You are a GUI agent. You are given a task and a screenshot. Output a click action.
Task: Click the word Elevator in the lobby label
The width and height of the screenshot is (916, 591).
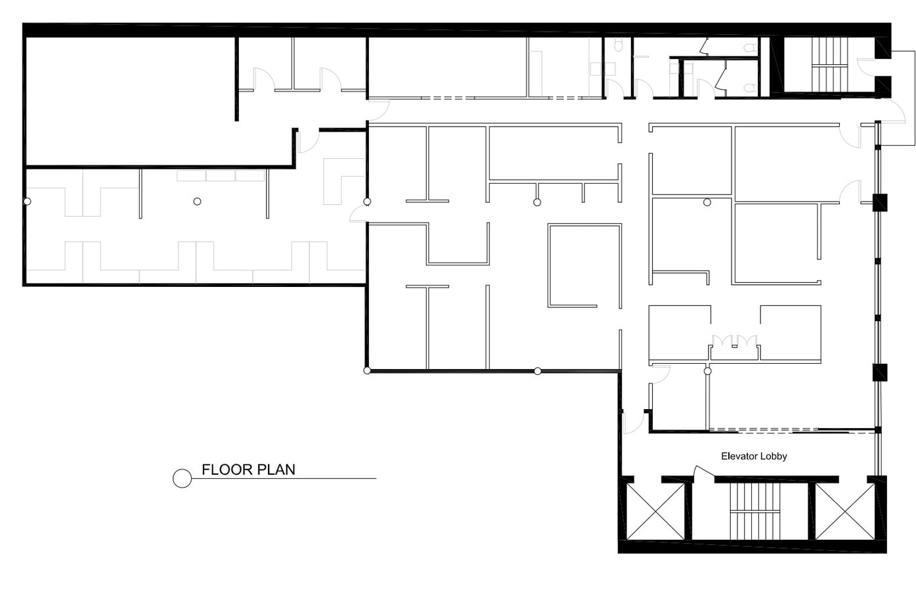[x=738, y=456]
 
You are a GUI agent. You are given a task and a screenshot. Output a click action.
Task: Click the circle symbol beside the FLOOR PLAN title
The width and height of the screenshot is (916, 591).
[x=182, y=479]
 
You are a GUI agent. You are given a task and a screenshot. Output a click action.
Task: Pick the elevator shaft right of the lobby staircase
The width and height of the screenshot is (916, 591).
[x=845, y=512]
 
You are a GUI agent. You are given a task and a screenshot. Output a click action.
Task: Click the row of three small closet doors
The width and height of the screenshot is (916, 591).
[x=735, y=341]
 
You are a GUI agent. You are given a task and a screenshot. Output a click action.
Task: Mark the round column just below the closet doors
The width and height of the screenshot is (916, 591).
[x=707, y=371]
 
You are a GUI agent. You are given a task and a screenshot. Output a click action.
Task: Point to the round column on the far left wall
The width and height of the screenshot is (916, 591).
[x=27, y=201]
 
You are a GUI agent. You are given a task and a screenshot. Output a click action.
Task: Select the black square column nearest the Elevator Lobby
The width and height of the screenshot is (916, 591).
[x=879, y=372]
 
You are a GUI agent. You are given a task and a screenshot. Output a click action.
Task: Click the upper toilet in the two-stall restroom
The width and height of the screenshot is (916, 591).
[x=749, y=47]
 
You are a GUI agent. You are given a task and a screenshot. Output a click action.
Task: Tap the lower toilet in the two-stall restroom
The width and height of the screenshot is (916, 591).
[x=749, y=87]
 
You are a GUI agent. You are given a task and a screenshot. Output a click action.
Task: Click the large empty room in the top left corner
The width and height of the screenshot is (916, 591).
[x=128, y=98]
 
